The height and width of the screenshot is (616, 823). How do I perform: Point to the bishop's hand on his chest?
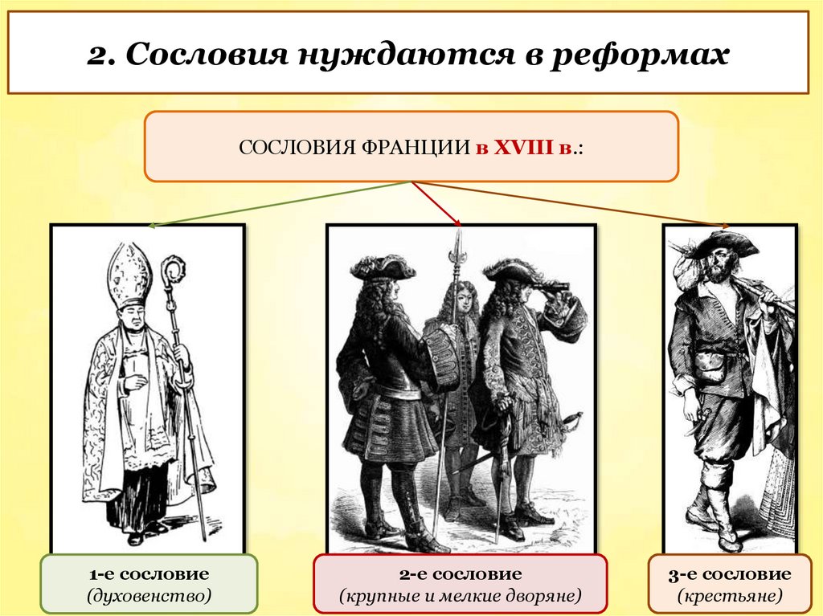pyautogui.click(x=137, y=377)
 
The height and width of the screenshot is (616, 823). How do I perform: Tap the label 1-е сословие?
pyautogui.click(x=149, y=574)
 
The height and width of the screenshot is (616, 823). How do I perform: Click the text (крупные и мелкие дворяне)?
pyautogui.click(x=460, y=597)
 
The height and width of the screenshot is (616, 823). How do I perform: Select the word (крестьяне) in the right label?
pyautogui.click(x=729, y=597)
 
